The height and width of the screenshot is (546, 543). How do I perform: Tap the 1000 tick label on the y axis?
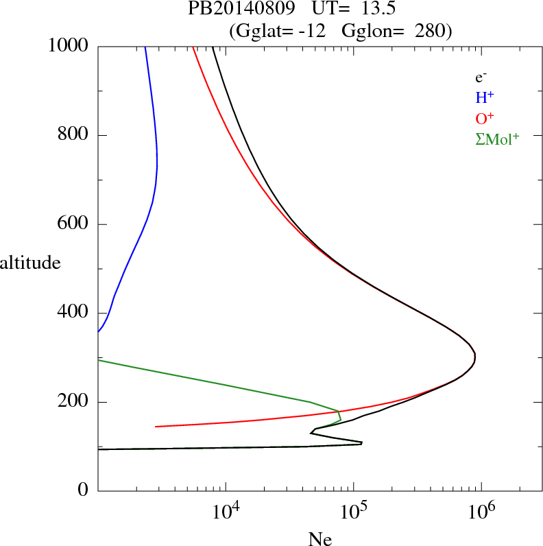tap(69, 46)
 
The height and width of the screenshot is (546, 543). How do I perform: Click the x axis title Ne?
tap(319, 539)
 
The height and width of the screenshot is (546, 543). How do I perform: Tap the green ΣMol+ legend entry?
tap(497, 139)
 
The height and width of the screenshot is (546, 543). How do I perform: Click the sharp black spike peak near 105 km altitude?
tap(361, 443)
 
